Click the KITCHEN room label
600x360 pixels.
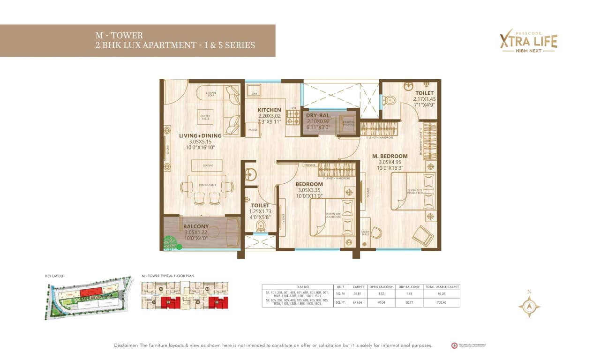point(269,110)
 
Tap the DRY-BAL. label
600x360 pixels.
point(319,115)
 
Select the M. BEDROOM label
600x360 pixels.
point(390,156)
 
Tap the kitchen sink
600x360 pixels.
point(254,90)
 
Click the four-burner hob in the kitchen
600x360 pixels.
point(293,118)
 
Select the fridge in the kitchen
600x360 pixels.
point(253,130)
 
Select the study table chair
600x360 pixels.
point(376,232)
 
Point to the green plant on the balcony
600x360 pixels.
point(172,242)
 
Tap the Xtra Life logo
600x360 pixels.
point(528,41)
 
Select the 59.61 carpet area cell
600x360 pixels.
point(358,294)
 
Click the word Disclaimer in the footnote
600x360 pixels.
point(127,345)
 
